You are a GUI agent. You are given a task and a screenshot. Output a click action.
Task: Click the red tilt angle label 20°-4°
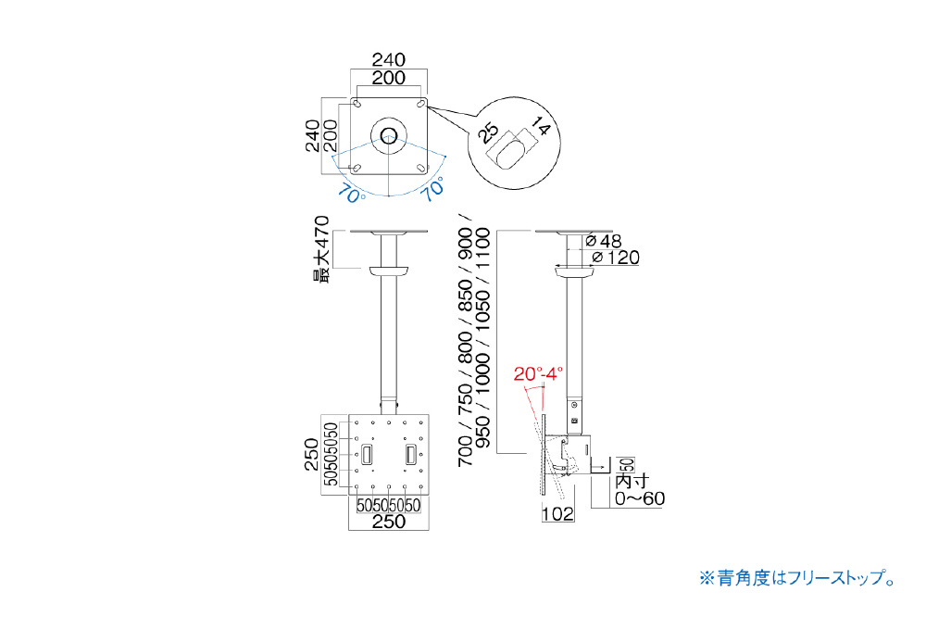pyautogui.click(x=538, y=374)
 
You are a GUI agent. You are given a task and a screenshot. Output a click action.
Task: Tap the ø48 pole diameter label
pyautogui.click(x=604, y=241)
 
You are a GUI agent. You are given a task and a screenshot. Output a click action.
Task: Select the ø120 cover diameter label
pyautogui.click(x=616, y=258)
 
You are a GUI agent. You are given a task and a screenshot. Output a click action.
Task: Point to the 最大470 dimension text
pyautogui.click(x=320, y=249)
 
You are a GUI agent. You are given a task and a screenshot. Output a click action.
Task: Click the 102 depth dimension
pyautogui.click(x=557, y=514)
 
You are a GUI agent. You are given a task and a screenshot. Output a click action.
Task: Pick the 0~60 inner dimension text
pyautogui.click(x=640, y=498)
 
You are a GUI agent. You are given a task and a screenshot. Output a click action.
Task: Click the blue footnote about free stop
pyautogui.click(x=798, y=577)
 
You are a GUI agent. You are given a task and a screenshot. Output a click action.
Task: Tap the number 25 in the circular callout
pyautogui.click(x=489, y=133)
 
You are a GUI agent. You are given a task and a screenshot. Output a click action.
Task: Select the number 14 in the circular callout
pyautogui.click(x=540, y=127)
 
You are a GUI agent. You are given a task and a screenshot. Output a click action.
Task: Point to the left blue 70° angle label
pyautogui.click(x=353, y=193)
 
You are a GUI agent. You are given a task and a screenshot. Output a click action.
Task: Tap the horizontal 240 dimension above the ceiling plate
pyautogui.click(x=389, y=59)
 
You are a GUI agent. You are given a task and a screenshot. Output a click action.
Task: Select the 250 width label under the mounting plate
pyautogui.click(x=389, y=522)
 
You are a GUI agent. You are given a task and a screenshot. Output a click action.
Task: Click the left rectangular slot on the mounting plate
pyautogui.click(x=367, y=455)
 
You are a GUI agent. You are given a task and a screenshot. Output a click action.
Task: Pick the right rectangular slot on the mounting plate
pyautogui.click(x=411, y=455)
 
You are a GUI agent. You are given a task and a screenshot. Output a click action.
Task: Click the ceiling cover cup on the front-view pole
pyautogui.click(x=389, y=271)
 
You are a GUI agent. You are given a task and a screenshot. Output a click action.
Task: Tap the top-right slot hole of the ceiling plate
pyautogui.click(x=420, y=104)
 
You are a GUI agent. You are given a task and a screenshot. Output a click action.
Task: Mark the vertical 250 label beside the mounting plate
pyautogui.click(x=312, y=455)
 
